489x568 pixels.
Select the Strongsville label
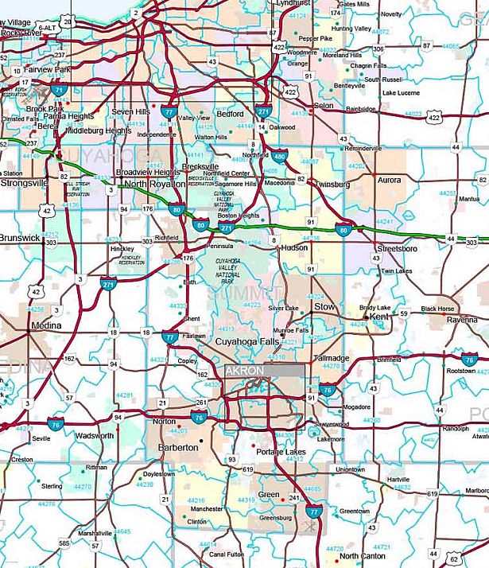pyautogui.click(x=24, y=182)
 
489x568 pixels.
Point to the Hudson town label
pyautogui.click(x=295, y=248)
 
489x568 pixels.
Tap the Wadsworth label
pyautogui.click(x=94, y=436)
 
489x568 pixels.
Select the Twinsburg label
pyautogui.click(x=332, y=183)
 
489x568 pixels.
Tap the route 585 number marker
pyautogui.click(x=64, y=543)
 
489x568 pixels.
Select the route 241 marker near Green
pyautogui.click(x=293, y=498)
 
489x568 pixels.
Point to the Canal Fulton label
pyautogui.click(x=225, y=554)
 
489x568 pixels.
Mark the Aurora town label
pyautogui.click(x=390, y=181)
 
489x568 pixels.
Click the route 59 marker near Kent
pyautogui.click(x=403, y=314)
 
